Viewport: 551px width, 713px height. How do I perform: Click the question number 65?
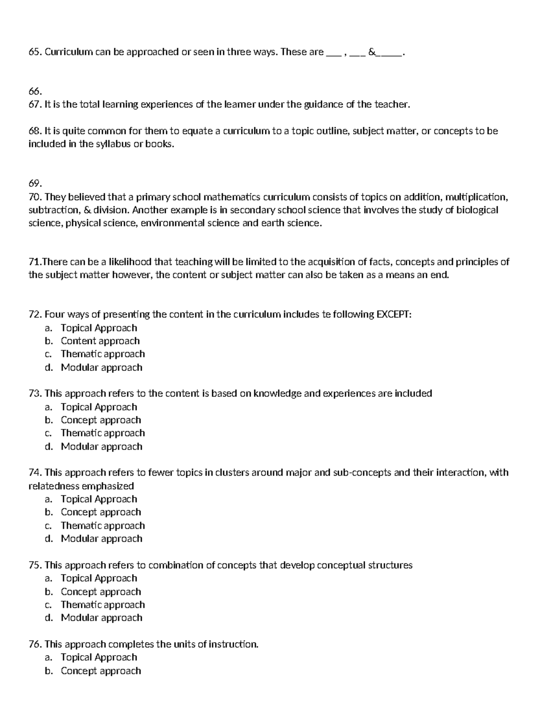(34, 52)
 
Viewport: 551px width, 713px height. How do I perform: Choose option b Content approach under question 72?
(100, 341)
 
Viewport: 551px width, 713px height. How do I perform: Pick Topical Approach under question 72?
(99, 328)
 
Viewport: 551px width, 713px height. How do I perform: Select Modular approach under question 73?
(101, 446)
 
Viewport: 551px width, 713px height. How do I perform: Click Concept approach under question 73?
(101, 420)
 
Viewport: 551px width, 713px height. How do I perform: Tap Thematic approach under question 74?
(103, 526)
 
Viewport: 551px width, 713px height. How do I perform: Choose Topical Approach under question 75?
(99, 578)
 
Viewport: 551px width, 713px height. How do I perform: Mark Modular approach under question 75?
(101, 618)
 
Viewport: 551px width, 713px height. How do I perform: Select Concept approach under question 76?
(101, 671)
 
